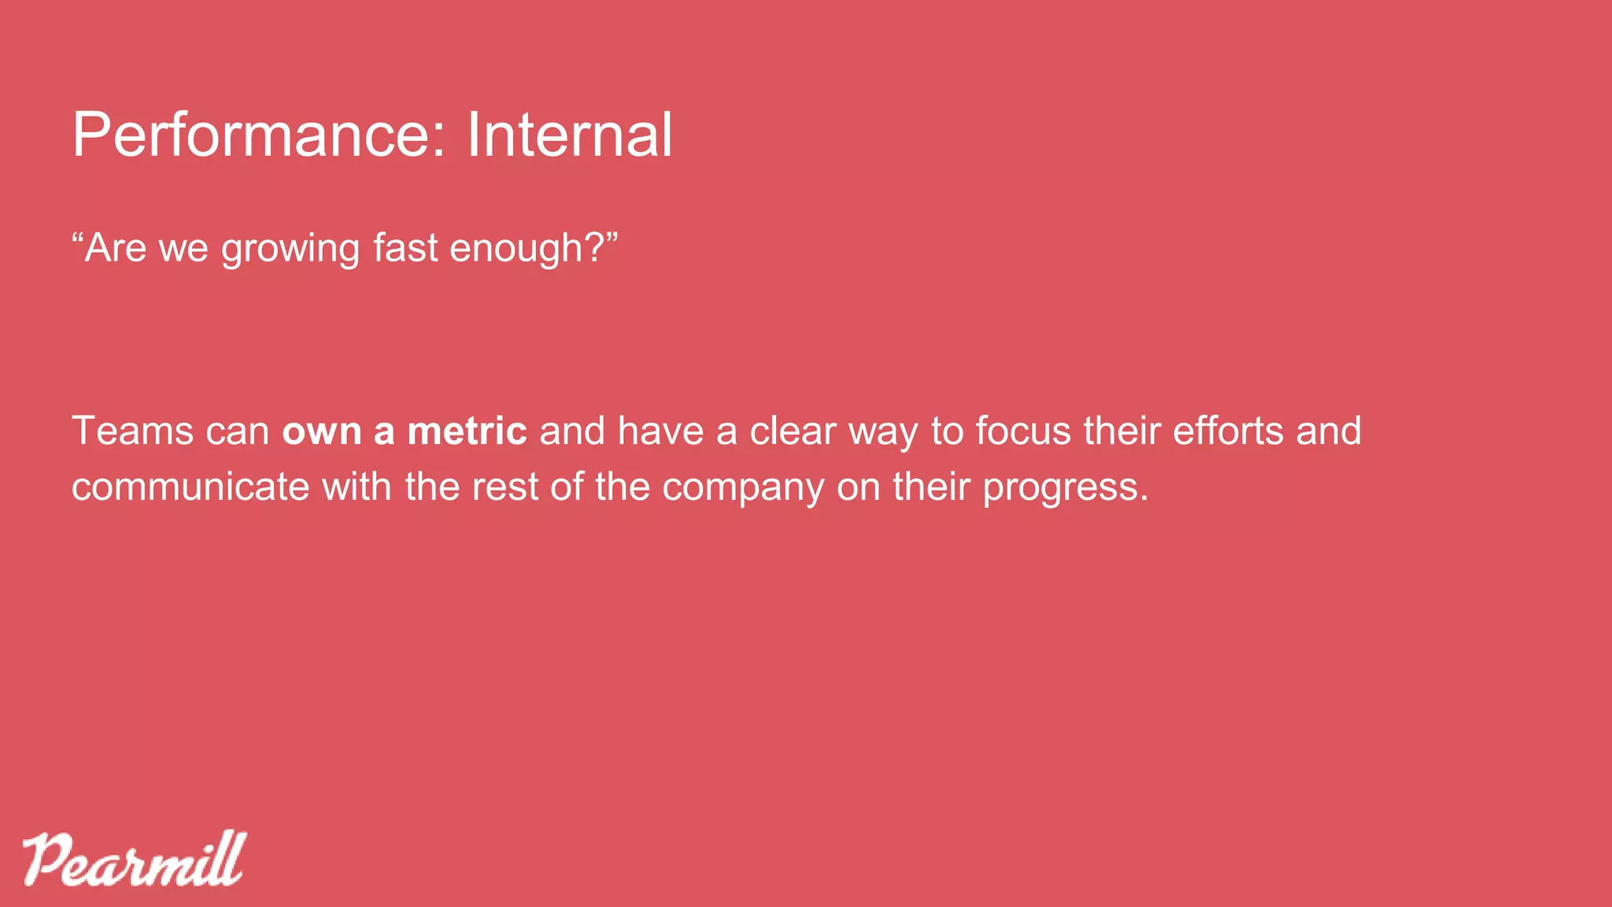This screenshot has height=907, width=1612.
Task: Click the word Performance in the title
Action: coord(250,135)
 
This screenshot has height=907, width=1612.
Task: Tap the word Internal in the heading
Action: coord(569,135)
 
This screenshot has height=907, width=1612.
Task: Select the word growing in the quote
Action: coord(290,249)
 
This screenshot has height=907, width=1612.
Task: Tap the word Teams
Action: coord(132,431)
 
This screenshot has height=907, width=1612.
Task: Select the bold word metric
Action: coord(467,431)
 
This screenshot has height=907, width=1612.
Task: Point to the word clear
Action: coord(793,431)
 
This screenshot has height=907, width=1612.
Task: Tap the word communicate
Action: coord(190,487)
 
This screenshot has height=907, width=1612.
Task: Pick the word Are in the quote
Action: coord(115,249)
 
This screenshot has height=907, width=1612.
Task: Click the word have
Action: coord(660,431)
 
